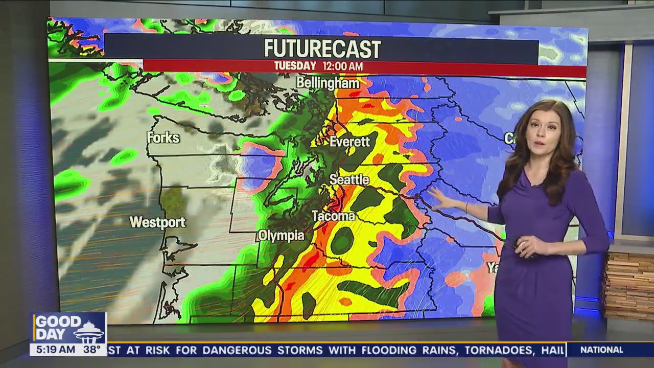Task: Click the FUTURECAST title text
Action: (x=322, y=49)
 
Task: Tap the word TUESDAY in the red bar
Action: (x=295, y=66)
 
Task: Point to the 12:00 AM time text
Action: (x=342, y=66)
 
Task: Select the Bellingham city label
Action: (x=328, y=82)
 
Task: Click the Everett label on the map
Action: (x=349, y=142)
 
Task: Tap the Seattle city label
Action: (x=349, y=179)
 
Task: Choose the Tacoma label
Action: (x=333, y=216)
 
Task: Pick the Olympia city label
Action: (x=281, y=236)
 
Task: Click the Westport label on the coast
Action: (x=157, y=222)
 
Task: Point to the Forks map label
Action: (x=163, y=137)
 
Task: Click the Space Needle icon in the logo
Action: (x=89, y=330)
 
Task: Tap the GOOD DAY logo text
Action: (x=57, y=328)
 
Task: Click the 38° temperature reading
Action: (x=92, y=350)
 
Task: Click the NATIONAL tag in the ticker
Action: (x=601, y=350)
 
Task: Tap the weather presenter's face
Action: (x=542, y=135)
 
